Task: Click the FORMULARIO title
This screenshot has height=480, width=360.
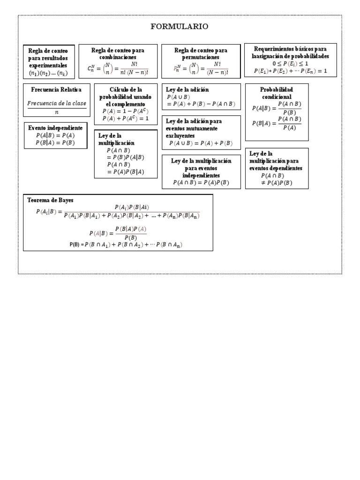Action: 180,27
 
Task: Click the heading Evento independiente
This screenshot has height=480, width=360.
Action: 55,128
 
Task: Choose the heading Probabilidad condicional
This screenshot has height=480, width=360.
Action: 277,93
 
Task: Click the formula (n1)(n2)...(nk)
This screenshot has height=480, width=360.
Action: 48,74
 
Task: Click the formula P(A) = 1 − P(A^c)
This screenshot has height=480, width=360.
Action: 124,111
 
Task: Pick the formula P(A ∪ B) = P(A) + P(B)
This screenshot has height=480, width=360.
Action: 201,143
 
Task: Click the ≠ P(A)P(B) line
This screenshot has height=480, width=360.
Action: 277,183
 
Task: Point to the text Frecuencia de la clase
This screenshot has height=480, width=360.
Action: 57,104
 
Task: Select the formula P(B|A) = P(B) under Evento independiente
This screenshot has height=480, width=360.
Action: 55,143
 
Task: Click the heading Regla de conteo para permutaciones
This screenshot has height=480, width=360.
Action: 201,53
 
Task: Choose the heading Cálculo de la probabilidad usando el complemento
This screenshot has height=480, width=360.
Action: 125,96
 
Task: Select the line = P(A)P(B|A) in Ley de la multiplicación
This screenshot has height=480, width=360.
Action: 125,172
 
